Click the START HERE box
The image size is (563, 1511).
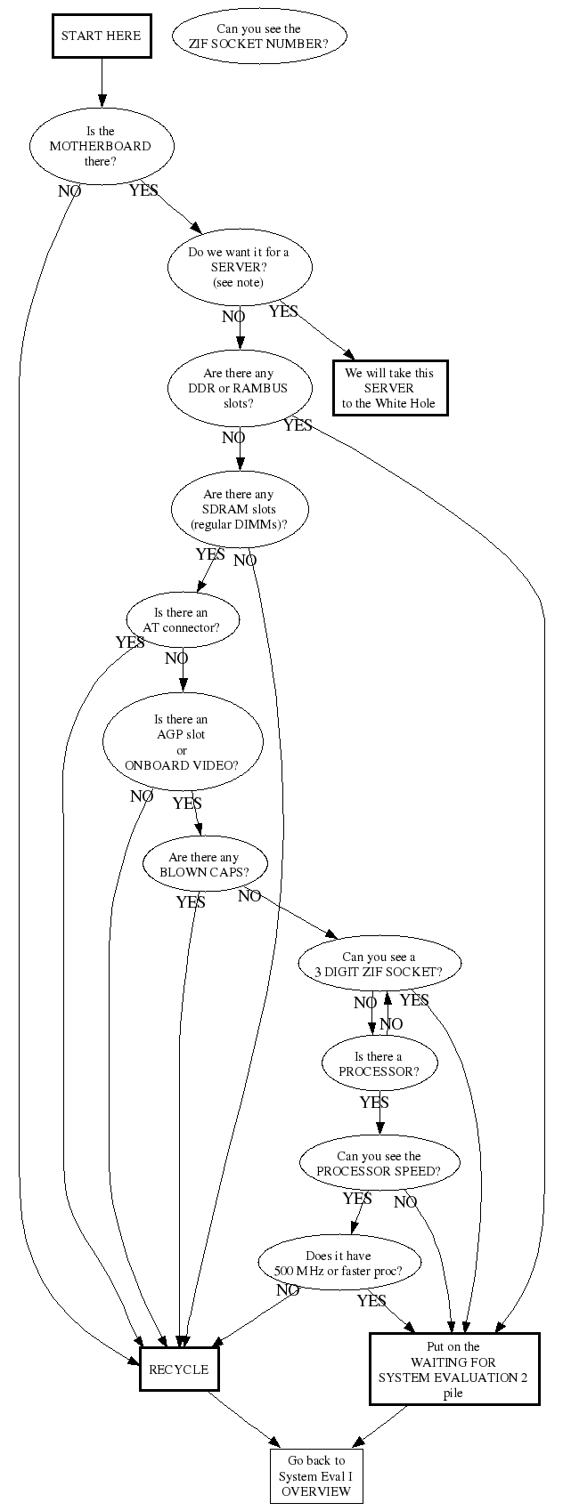click(x=101, y=36)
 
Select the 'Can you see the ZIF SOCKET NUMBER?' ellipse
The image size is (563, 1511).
click(x=258, y=36)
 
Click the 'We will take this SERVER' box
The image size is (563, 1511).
click(x=389, y=388)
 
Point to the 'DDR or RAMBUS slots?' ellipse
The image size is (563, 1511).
click(x=239, y=388)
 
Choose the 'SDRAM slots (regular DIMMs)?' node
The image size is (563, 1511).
click(x=239, y=509)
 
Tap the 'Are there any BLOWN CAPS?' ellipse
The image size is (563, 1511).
click(x=204, y=864)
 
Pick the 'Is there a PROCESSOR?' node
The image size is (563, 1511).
click(x=379, y=1064)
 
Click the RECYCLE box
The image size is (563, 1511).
click(x=179, y=1370)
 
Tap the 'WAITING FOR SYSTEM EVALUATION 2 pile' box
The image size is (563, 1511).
click(x=453, y=1370)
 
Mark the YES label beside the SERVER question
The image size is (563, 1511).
click(x=283, y=311)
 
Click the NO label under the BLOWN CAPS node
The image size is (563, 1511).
click(x=249, y=896)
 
